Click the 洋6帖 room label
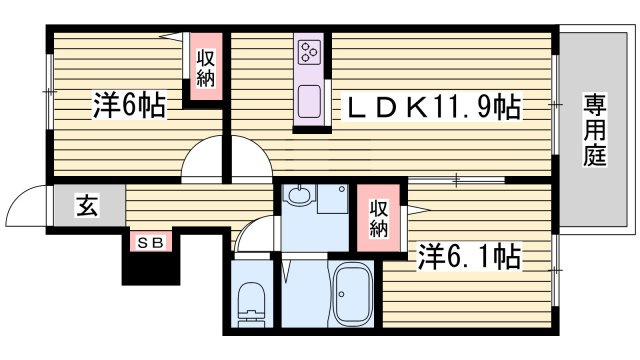129,105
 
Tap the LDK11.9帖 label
432,107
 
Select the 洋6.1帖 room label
469,256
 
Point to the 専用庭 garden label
595,130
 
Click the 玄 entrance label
87,206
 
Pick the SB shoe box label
151,243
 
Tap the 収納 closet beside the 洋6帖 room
205,68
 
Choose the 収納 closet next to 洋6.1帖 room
378,218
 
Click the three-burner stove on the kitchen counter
309,52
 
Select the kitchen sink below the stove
309,101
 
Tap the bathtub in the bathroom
353,295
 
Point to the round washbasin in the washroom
299,195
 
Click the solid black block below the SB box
151,268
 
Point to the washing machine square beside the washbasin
333,199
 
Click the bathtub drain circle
341,294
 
